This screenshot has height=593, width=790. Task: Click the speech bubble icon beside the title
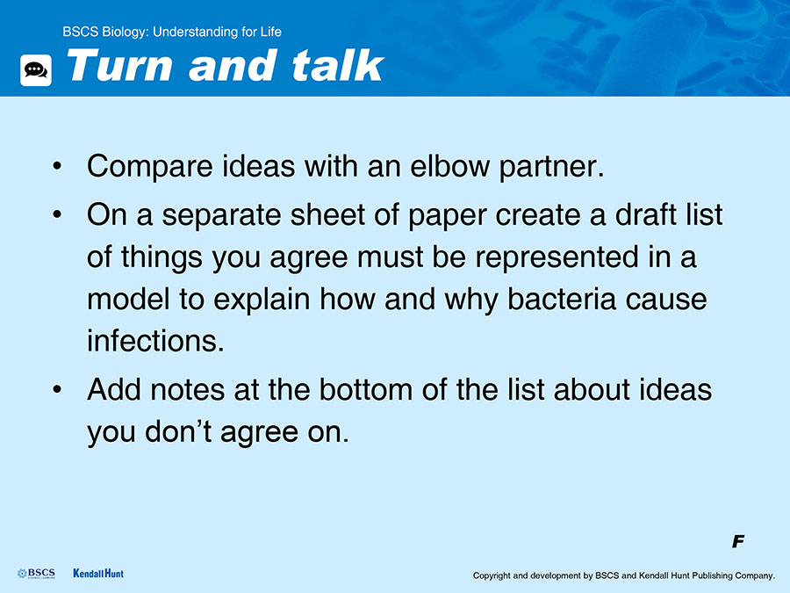36,70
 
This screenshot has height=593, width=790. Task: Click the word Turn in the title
118,66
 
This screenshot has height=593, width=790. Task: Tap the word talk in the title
338,65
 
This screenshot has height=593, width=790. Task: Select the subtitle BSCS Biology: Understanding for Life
172,32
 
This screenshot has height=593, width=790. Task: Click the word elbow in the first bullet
449,166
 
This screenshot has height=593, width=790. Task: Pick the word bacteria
562,299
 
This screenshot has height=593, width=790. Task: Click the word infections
155,341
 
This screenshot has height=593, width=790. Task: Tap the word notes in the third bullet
188,390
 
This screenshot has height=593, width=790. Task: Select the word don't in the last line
178,431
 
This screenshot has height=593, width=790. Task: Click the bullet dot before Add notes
57,390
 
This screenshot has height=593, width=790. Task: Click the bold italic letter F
738,541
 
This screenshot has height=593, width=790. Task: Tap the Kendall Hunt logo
98,574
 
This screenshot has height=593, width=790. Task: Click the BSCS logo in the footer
36,574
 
